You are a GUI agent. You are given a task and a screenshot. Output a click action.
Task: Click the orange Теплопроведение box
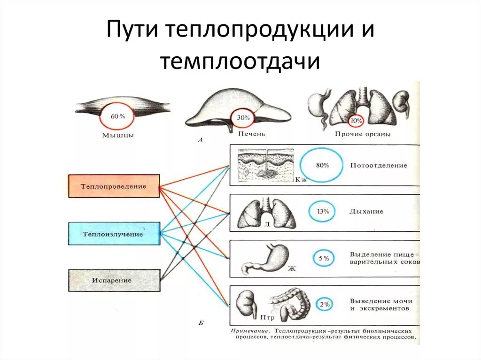pyautogui.click(x=114, y=186)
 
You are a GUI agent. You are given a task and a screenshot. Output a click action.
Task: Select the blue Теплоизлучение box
pyautogui.click(x=114, y=233)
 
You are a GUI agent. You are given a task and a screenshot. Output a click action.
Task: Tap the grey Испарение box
pyautogui.click(x=114, y=280)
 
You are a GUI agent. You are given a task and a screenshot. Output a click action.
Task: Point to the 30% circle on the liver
pyautogui.click(x=243, y=118)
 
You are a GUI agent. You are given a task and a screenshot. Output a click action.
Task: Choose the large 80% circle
pyautogui.click(x=322, y=166)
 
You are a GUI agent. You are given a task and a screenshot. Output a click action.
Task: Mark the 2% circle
pyautogui.click(x=324, y=304)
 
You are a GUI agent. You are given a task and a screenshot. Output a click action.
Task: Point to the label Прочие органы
pyautogui.click(x=363, y=134)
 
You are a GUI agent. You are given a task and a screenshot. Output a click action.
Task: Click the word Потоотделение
pyautogui.click(x=378, y=166)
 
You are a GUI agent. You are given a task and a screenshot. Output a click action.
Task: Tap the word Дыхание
pyautogui.click(x=366, y=212)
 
